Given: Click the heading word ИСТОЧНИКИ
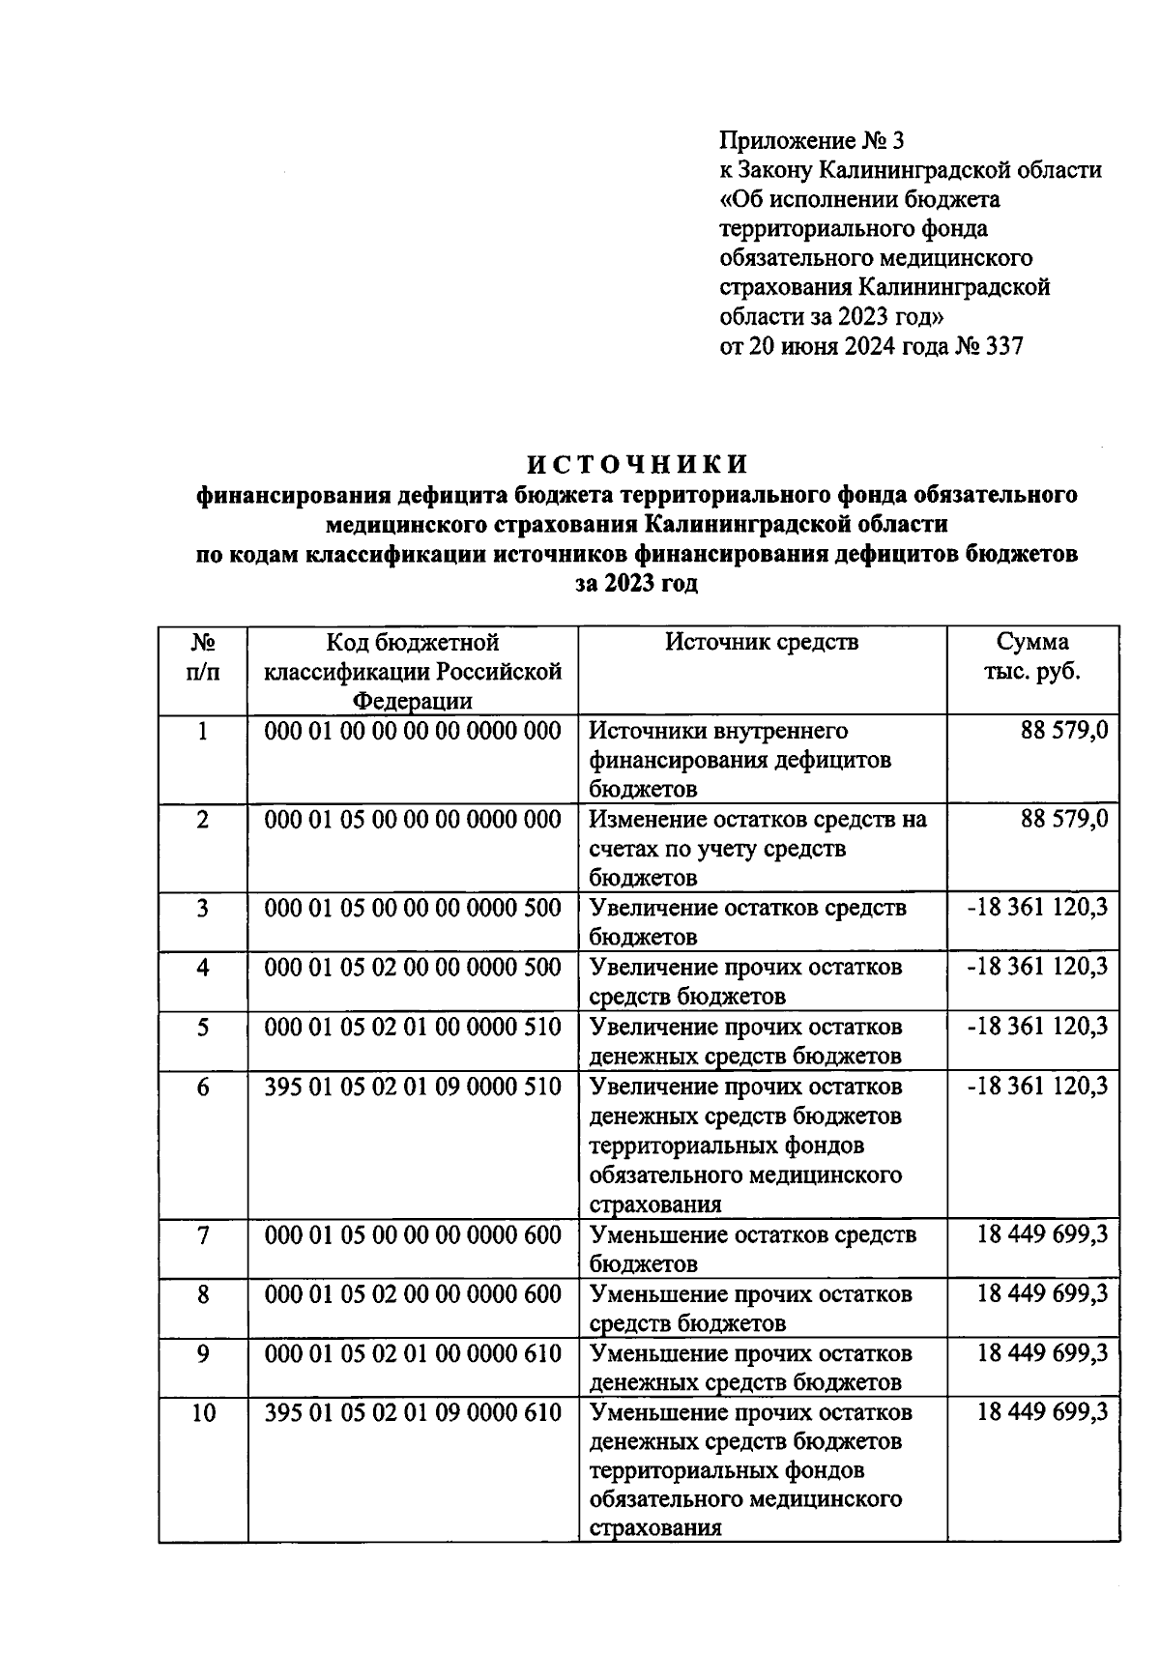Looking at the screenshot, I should (x=636, y=464).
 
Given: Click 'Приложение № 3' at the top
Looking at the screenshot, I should (x=812, y=141).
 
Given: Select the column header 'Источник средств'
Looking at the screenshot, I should (x=762, y=642).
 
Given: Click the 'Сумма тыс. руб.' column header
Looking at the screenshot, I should (x=1032, y=656).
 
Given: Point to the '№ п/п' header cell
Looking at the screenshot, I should (x=202, y=656).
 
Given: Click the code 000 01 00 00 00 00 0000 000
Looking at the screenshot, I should (x=413, y=731).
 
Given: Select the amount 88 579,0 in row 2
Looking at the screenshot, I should (x=1063, y=820).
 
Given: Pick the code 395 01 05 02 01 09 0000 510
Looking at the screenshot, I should (x=413, y=1087).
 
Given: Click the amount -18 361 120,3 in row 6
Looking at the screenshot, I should (x=1036, y=1087).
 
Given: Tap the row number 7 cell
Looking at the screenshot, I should (x=202, y=1235).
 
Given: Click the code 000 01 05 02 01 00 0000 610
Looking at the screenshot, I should (x=413, y=1353).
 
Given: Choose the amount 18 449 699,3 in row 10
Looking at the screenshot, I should (x=1042, y=1412).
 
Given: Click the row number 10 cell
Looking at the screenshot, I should (x=202, y=1413).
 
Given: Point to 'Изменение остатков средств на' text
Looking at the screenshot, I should (x=758, y=820).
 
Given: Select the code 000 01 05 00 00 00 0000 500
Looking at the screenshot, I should (x=413, y=909).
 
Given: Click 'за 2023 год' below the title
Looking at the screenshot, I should (x=636, y=584).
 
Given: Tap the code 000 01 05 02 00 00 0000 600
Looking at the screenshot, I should (x=413, y=1294).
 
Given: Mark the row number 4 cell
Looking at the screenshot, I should (x=202, y=968).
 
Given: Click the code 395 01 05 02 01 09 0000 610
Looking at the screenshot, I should (x=413, y=1412).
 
